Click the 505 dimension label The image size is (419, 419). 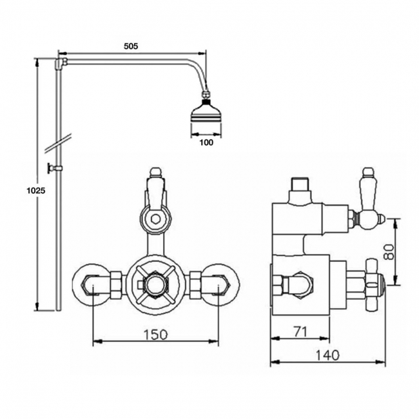click(x=132, y=46)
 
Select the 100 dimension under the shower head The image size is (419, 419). click(x=206, y=142)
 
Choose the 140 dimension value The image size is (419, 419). click(x=328, y=355)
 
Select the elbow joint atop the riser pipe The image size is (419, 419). click(x=60, y=63)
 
